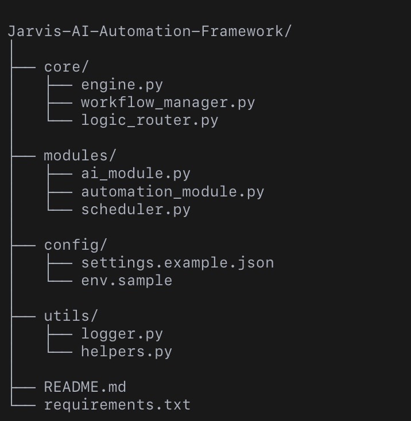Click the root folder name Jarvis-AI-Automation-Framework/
point(150,32)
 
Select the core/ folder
point(66,67)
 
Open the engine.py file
point(122,85)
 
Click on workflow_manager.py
point(168,103)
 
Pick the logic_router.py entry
point(150,120)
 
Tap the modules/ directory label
point(80,156)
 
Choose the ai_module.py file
point(136,174)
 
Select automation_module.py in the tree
point(173,192)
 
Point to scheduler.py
point(136,210)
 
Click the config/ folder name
point(76,245)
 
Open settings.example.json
point(177,263)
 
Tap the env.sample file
point(127,281)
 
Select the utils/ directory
point(71,316)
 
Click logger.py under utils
point(122,335)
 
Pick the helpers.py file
point(127,352)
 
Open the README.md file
point(85,387)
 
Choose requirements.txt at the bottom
point(117,404)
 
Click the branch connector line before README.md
point(24,387)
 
